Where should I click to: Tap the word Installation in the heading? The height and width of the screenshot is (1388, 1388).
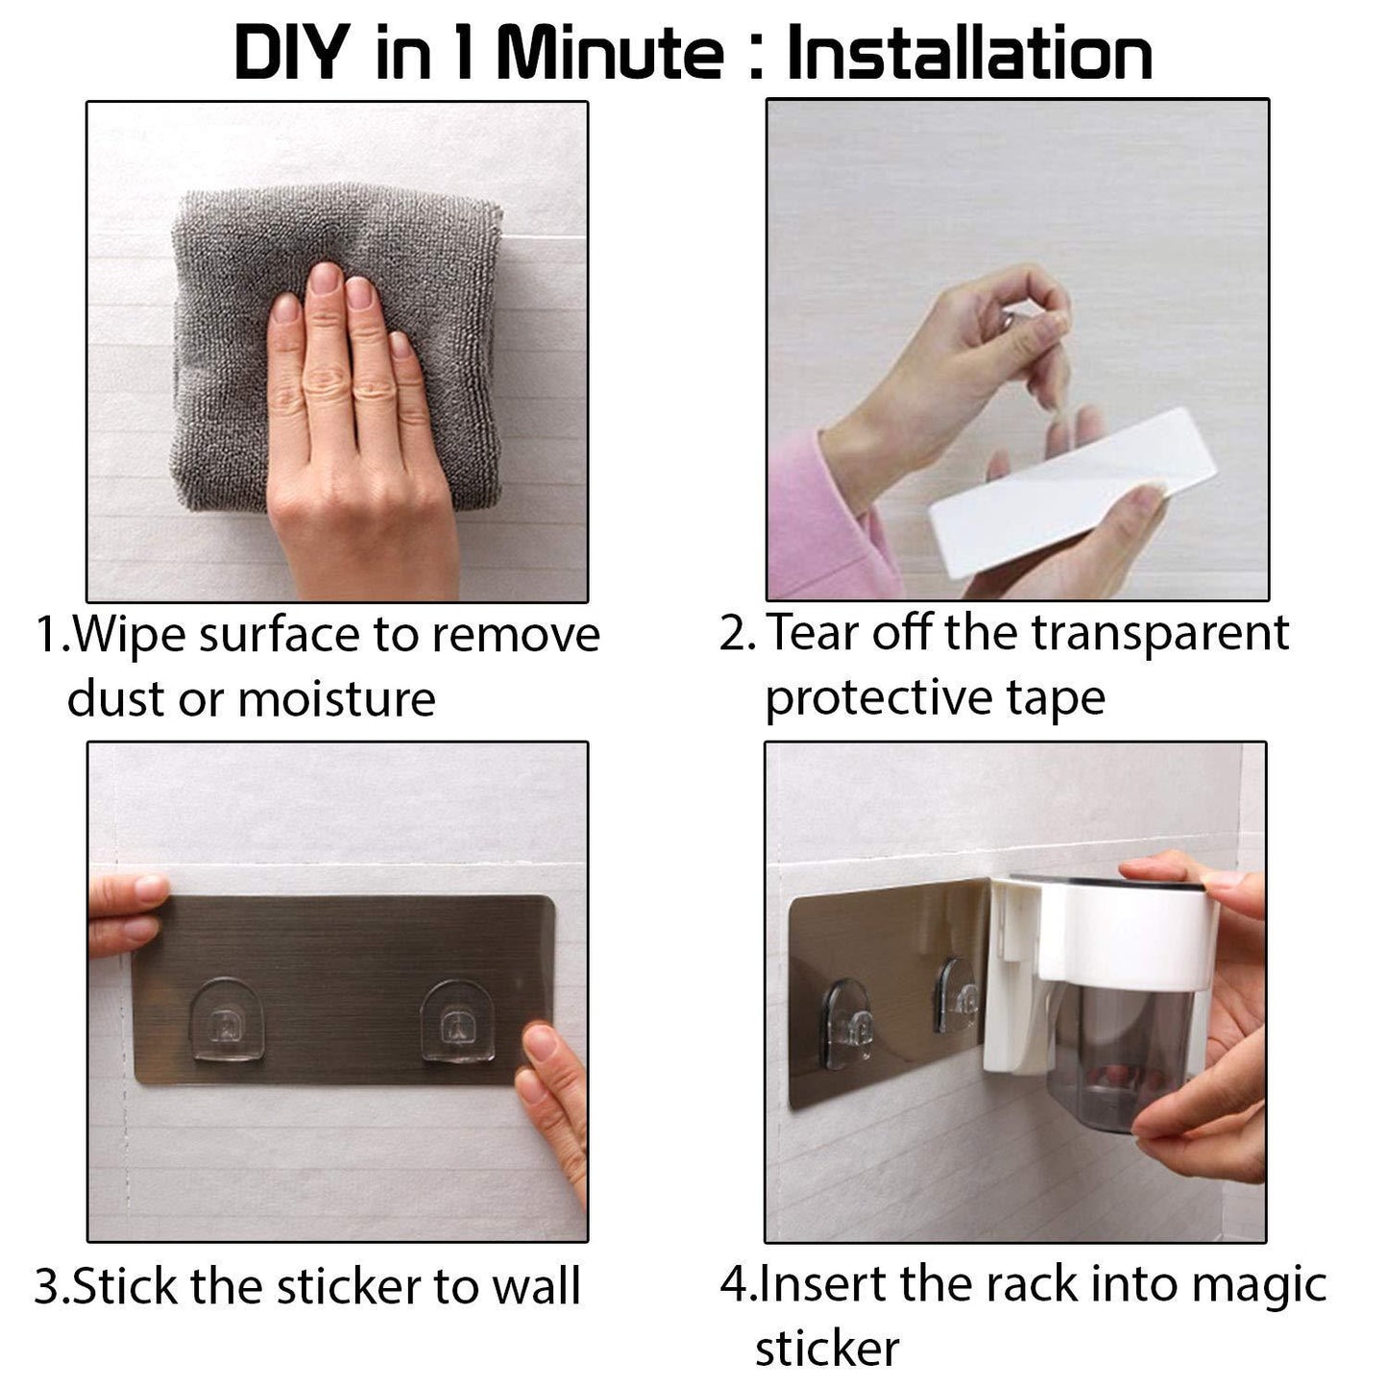pos(970,53)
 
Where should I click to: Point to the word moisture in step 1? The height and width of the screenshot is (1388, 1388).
pos(337,698)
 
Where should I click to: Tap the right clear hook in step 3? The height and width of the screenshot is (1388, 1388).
pos(458,1021)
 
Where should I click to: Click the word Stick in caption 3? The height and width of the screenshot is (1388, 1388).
pos(125,1286)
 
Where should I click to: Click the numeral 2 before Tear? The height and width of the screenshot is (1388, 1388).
pos(733,634)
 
